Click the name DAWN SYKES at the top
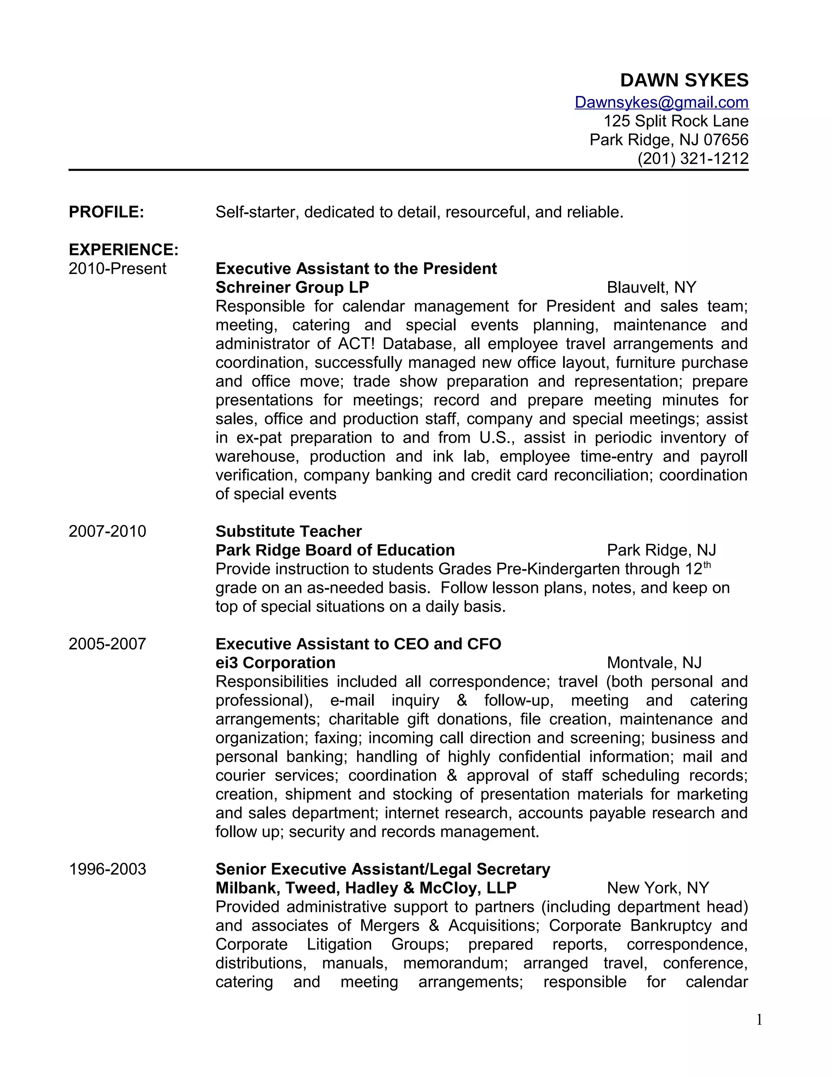click(x=684, y=80)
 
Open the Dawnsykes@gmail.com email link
click(x=661, y=102)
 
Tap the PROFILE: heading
click(x=106, y=212)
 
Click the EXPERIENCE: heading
click(x=123, y=250)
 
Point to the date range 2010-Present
click(x=117, y=269)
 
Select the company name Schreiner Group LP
click(x=292, y=287)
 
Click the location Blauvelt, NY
click(x=651, y=287)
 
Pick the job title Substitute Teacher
click(x=288, y=531)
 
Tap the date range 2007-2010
click(x=107, y=531)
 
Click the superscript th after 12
click(x=707, y=565)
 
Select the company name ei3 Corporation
click(x=275, y=663)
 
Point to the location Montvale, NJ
click(x=654, y=663)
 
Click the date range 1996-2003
click(x=107, y=869)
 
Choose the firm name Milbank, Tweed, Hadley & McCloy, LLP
click(x=366, y=888)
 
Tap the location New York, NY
click(x=658, y=888)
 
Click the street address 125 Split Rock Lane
click(x=676, y=121)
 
